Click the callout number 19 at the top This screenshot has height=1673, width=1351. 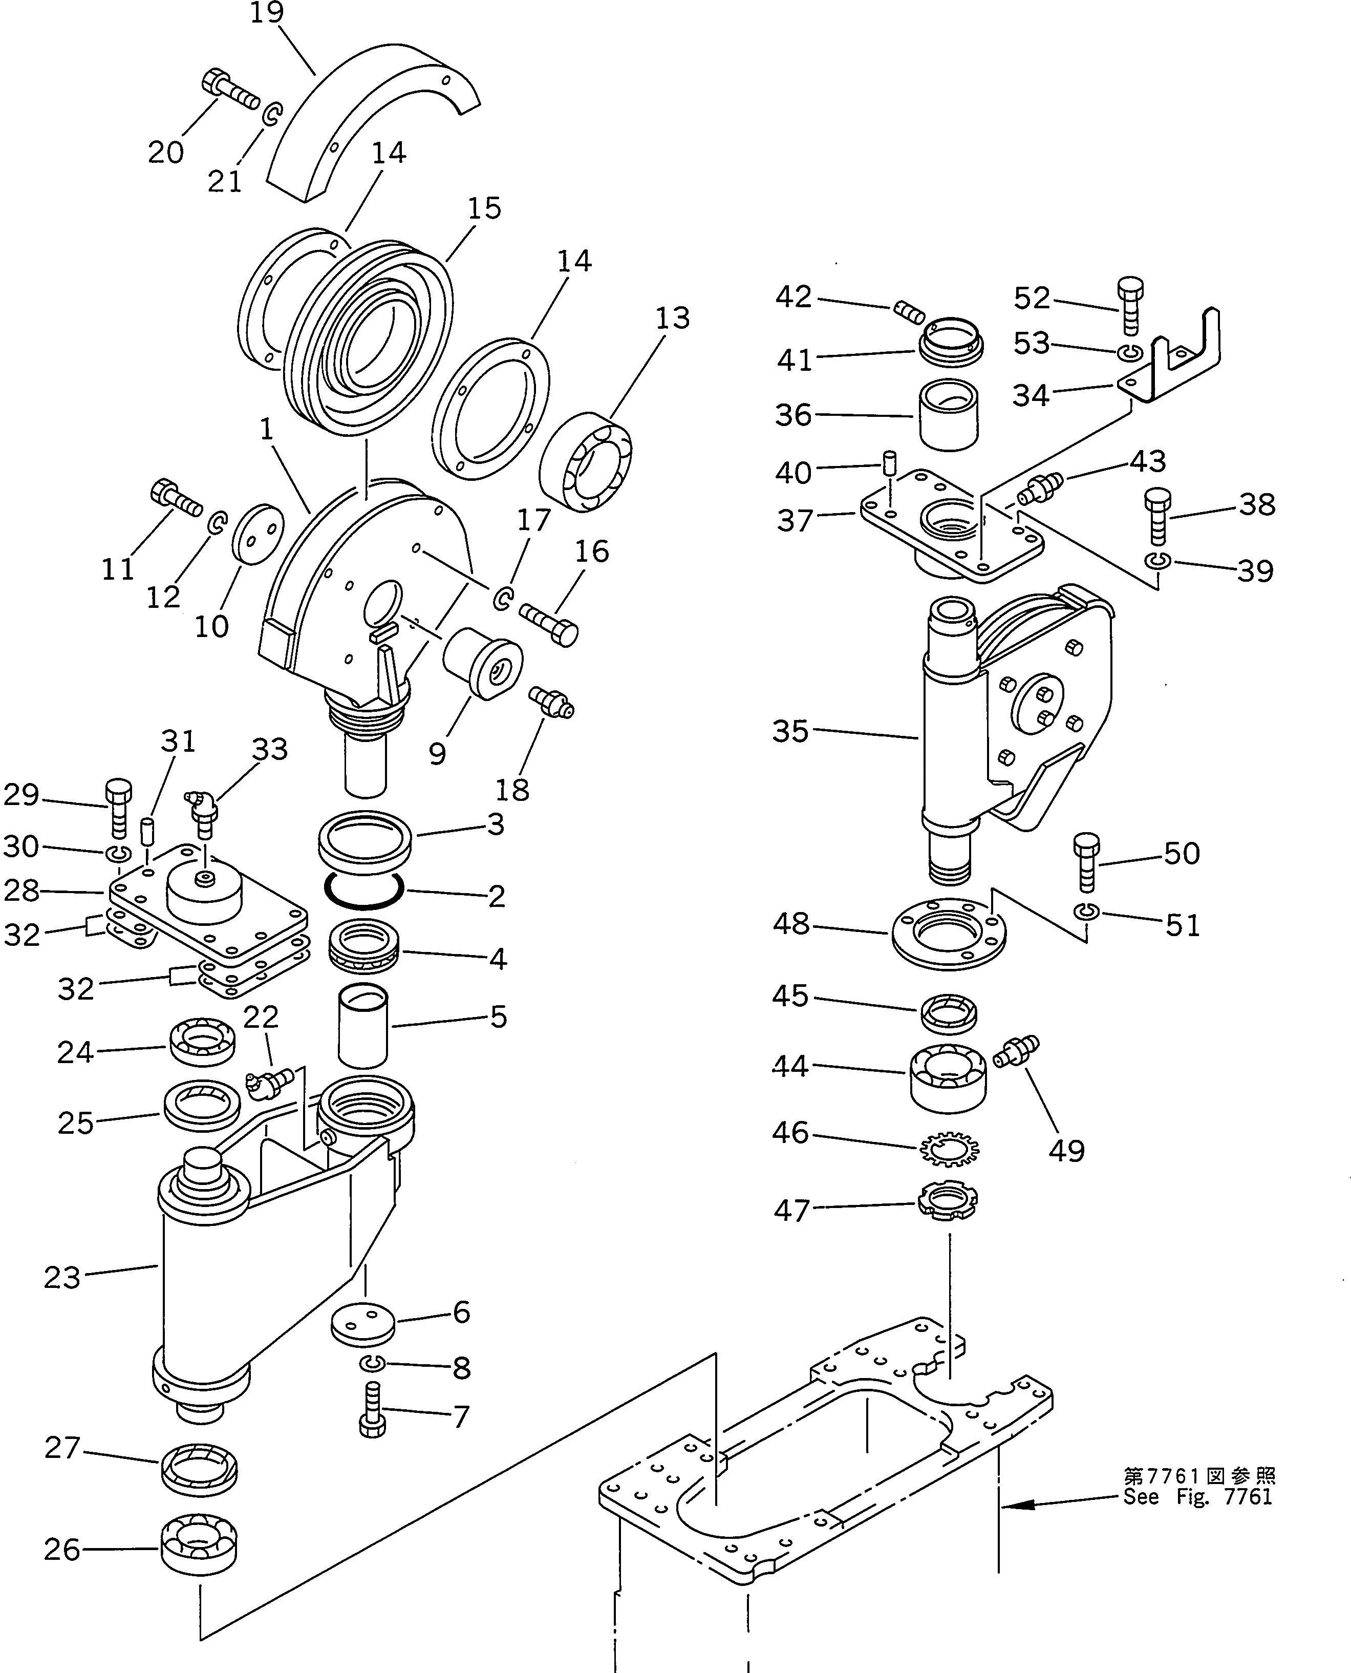(267, 13)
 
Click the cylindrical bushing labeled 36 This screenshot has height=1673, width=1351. (949, 414)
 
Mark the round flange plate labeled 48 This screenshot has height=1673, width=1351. (948, 933)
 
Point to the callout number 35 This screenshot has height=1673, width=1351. (790, 731)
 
